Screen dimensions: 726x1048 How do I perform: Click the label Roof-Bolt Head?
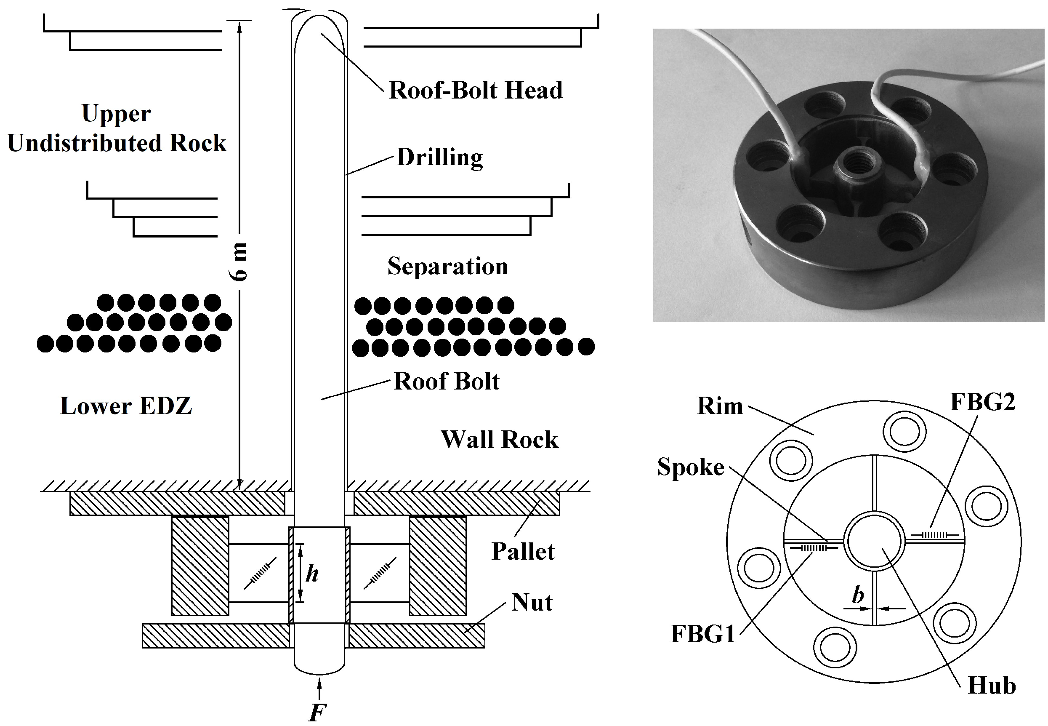[476, 90]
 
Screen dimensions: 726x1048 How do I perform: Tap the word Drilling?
[440, 157]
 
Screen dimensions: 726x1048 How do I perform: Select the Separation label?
[447, 266]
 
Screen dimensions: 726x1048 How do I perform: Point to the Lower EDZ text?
[126, 406]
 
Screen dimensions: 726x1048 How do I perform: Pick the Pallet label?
[523, 552]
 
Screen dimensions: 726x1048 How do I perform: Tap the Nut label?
[532, 602]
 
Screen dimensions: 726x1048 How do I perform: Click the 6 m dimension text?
[238, 262]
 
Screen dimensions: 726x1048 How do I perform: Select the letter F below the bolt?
[317, 713]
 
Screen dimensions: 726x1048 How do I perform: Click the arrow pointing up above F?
[319, 688]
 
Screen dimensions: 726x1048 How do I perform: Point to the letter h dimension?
[312, 574]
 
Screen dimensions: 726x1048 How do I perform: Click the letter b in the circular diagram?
[857, 595]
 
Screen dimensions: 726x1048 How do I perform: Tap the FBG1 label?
[703, 634]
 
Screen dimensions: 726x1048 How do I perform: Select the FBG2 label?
[982, 402]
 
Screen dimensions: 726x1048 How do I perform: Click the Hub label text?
[992, 686]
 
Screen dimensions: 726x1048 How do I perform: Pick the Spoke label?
[691, 467]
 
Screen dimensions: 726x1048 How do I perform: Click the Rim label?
[720, 406]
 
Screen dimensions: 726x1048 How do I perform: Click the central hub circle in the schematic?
[874, 541]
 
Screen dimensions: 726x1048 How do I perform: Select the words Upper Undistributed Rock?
[117, 128]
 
